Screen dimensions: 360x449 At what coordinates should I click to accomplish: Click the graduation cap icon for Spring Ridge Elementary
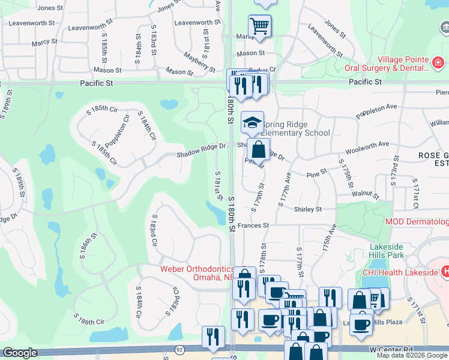point(253,122)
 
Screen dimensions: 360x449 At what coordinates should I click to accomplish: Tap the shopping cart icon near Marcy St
point(260,26)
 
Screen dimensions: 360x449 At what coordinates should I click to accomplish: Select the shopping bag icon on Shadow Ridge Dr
point(258,149)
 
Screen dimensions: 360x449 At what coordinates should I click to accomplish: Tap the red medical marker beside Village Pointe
point(438,61)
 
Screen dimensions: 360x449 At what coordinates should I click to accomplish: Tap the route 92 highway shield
point(179,349)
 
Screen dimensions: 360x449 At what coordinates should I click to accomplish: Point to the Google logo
point(20,353)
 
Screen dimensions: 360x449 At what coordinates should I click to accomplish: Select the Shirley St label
point(308,209)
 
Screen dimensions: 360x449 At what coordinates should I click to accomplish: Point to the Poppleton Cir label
point(117,134)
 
